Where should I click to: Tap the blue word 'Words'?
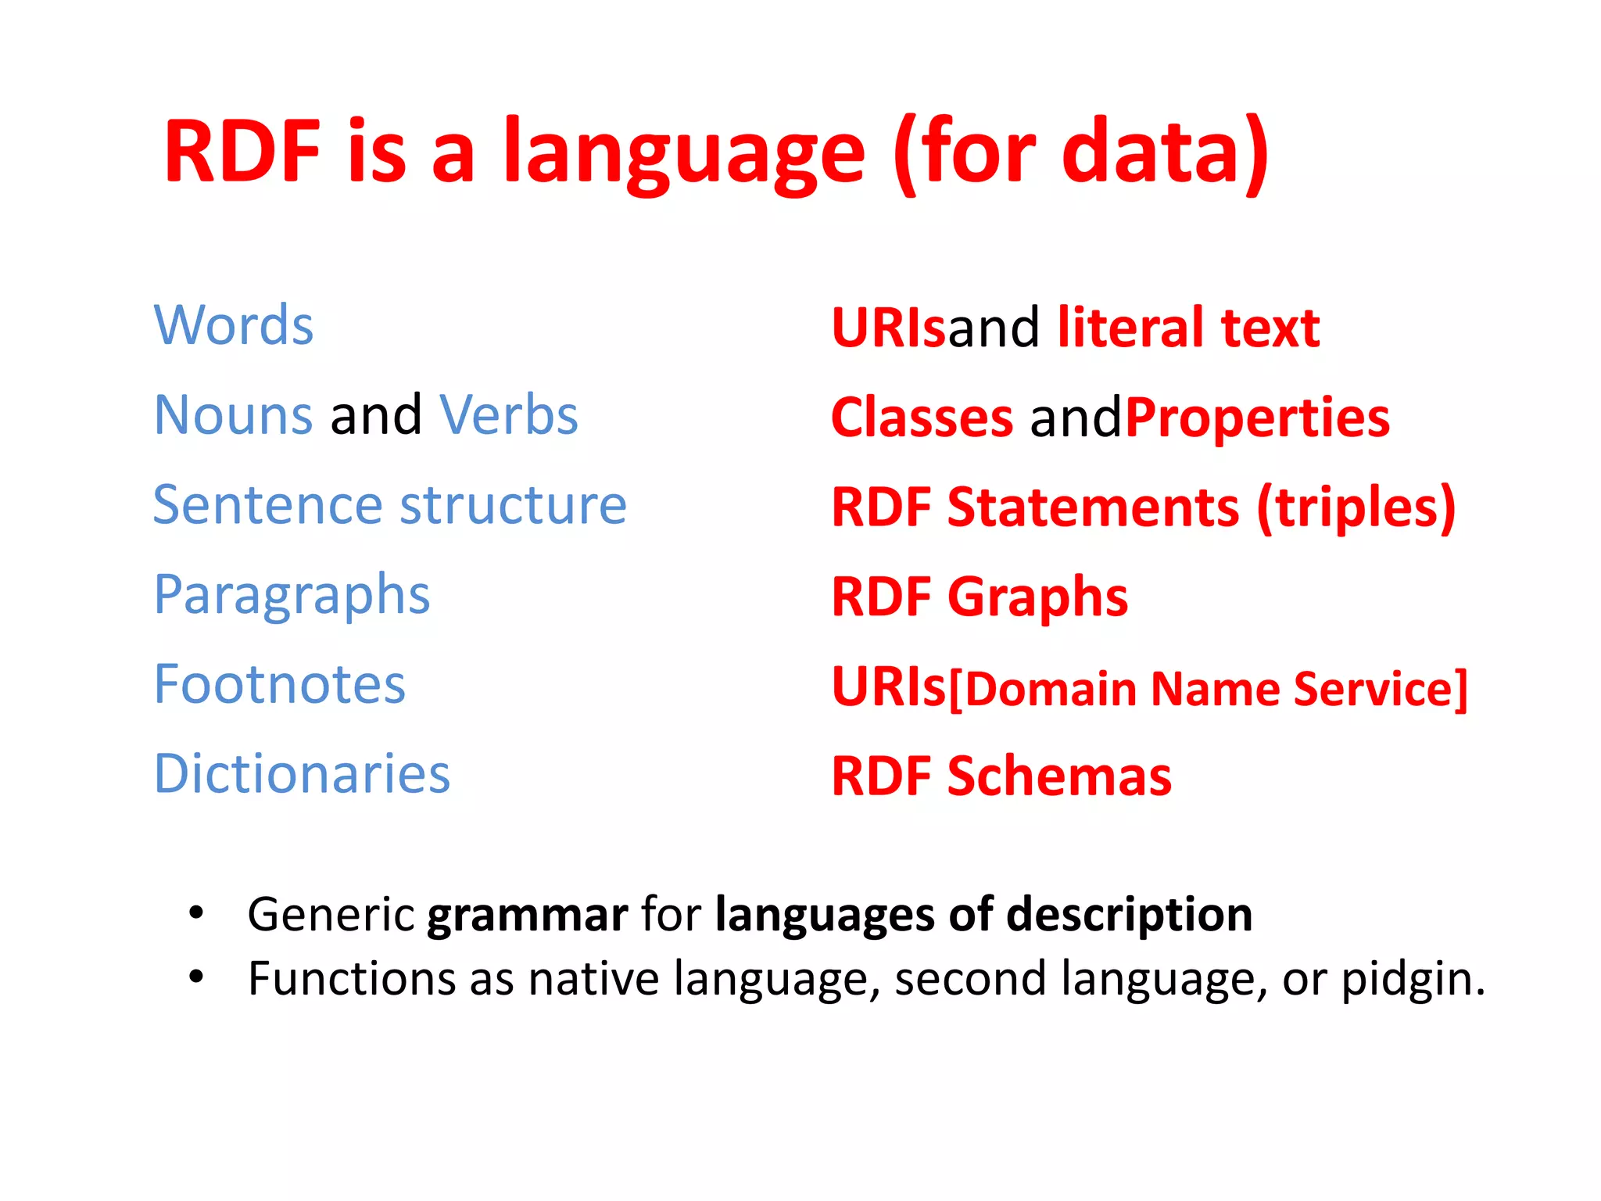(x=234, y=325)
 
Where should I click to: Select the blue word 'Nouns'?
(x=234, y=415)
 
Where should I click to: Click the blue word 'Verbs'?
(x=509, y=415)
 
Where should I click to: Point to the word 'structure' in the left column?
(x=514, y=505)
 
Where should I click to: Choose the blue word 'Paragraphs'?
(x=292, y=596)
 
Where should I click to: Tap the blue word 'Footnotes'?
(x=280, y=685)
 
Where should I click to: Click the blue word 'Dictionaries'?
(x=302, y=774)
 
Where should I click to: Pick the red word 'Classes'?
(x=922, y=418)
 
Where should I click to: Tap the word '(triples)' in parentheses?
(x=1356, y=508)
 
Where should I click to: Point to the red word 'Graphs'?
(x=1037, y=597)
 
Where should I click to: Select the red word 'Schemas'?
(x=1059, y=777)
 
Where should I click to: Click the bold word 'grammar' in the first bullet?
(x=527, y=915)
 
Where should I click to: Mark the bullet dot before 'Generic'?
(x=196, y=912)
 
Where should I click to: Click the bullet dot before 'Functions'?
(x=196, y=977)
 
